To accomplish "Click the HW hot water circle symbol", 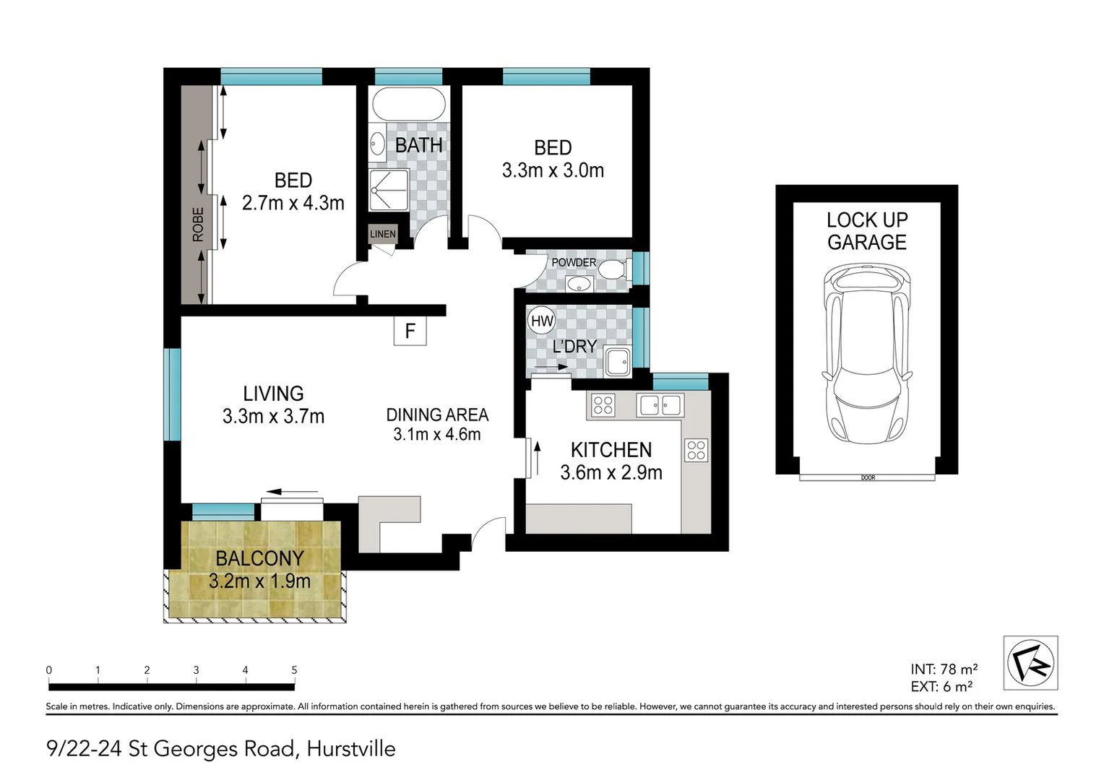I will [x=541, y=321].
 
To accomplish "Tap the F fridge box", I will [x=410, y=331].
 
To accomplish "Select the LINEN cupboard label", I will [x=382, y=233].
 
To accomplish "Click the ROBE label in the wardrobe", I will [x=197, y=225].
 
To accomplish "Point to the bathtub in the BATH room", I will [x=408, y=105].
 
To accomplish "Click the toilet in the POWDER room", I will [x=613, y=270].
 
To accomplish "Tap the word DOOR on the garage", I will [x=868, y=477].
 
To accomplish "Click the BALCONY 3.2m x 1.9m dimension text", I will [x=259, y=581].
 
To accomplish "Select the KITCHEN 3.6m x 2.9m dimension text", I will [x=611, y=472].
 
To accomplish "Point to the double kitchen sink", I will [x=659, y=405].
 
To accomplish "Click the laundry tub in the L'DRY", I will [x=618, y=361].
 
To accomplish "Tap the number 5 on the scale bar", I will [x=294, y=670].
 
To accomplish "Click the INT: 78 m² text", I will [x=944, y=669].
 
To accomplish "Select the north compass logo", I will [x=1030, y=663].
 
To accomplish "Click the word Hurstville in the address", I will [x=351, y=749].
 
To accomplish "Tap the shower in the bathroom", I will [x=389, y=190].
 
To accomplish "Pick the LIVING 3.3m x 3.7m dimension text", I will [x=273, y=417].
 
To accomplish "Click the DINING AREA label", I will [x=437, y=415].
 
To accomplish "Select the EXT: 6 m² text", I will [x=941, y=687].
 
